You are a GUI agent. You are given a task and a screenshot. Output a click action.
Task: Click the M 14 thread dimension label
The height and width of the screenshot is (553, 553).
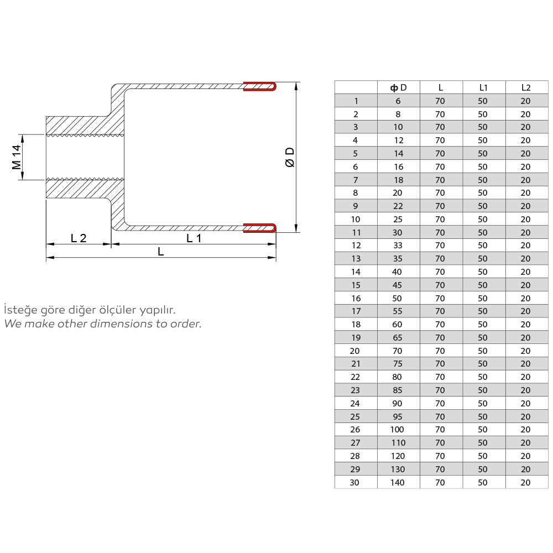pos(17,157)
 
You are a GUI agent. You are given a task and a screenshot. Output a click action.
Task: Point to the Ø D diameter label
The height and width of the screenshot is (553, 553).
pos(289,157)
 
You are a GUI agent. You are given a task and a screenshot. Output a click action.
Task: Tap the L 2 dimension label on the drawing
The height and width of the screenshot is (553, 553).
pos(79,238)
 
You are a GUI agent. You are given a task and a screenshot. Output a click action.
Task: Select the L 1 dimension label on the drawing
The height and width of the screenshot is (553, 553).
pos(194,238)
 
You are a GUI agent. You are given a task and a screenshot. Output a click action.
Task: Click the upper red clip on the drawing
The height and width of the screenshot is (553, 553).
pos(260,86)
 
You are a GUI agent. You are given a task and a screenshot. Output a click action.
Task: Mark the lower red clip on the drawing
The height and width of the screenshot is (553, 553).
pos(260,227)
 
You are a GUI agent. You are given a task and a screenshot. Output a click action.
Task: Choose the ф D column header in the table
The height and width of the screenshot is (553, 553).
pos(398,87)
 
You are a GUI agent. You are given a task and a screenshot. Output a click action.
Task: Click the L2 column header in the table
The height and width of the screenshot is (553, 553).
pos(525,87)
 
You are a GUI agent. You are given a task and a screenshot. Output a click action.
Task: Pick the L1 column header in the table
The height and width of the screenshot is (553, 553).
pos(483,87)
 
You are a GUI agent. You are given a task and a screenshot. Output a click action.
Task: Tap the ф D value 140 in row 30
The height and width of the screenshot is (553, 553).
pos(398,482)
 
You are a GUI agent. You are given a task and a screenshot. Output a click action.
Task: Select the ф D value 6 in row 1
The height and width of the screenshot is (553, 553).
pos(398,101)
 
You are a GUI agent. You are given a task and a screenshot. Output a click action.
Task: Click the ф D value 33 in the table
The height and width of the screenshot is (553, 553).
pos(398,246)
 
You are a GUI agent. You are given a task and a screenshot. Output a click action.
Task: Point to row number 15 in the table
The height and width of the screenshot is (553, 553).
pos(356,285)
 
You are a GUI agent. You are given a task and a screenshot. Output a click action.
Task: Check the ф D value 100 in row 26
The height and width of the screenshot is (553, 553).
pos(398,430)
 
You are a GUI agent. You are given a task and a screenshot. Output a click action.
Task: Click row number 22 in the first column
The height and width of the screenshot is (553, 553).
pos(355,377)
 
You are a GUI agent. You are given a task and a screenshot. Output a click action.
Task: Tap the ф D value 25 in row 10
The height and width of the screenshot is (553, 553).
pos(398,219)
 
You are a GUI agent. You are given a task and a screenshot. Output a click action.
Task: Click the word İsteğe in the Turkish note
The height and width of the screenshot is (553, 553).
pos(19,310)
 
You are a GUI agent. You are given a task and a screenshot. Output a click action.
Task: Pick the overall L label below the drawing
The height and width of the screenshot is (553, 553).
pos(160,252)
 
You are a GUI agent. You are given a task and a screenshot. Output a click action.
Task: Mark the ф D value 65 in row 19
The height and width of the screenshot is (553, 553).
pos(398,337)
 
